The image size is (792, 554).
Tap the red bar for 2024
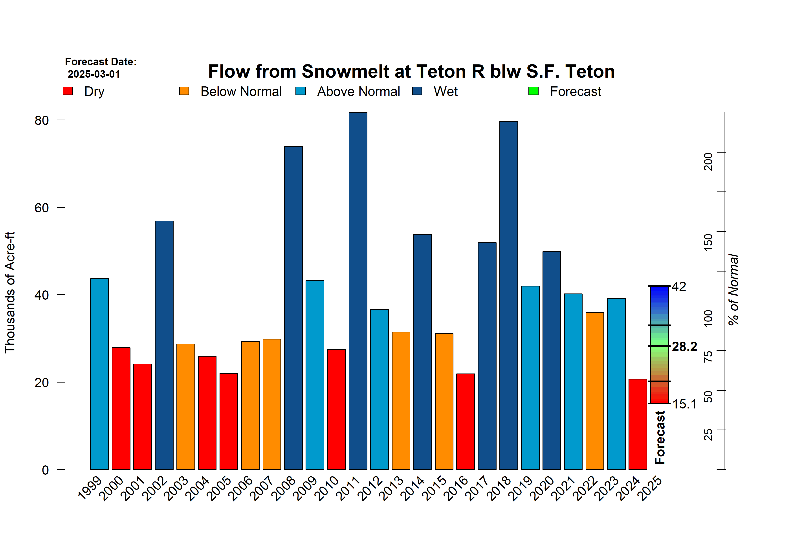click(x=638, y=424)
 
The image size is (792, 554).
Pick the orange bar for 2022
click(x=595, y=391)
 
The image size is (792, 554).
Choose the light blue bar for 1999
click(x=99, y=374)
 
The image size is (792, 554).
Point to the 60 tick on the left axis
click(x=42, y=208)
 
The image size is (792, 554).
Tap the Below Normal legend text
click(x=241, y=92)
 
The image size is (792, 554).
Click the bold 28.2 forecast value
click(x=684, y=346)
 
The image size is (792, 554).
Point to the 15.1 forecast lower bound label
click(x=684, y=404)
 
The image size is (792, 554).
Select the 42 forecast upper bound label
click(x=679, y=286)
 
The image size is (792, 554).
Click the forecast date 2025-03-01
click(x=94, y=74)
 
